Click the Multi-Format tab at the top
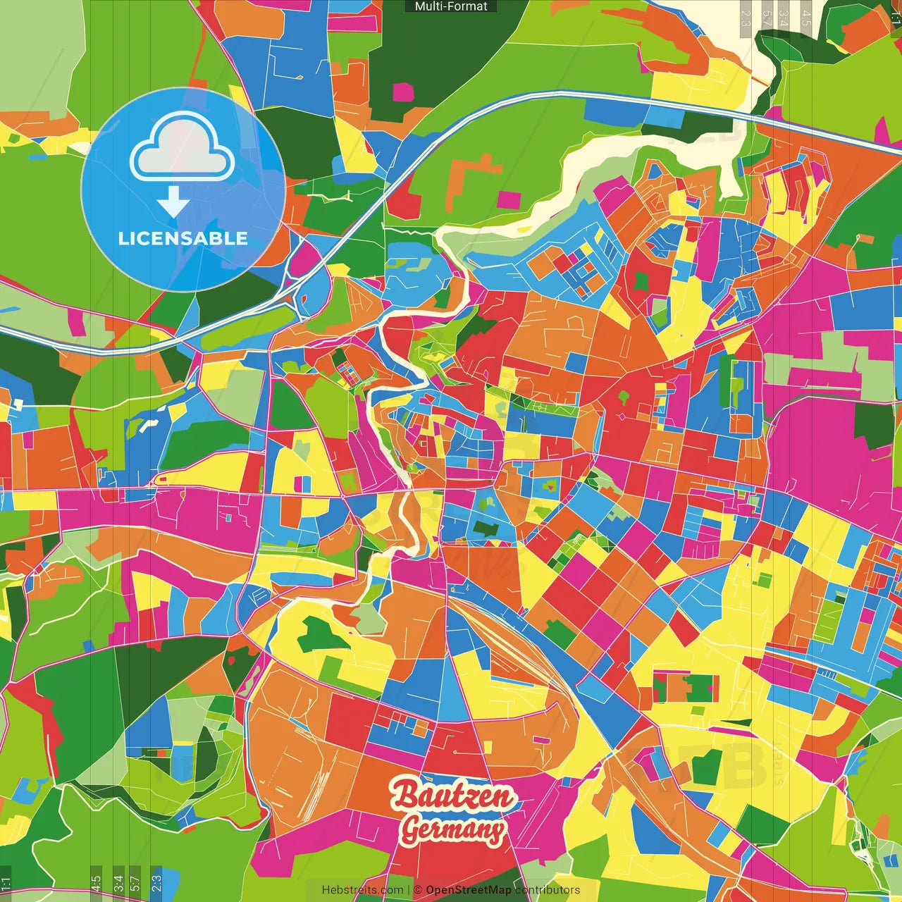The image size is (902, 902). click(x=451, y=6)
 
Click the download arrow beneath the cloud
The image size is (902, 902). click(x=173, y=202)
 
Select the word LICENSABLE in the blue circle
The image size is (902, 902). click(x=183, y=238)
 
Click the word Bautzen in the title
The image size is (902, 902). click(x=454, y=796)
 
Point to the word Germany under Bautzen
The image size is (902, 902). click(x=453, y=829)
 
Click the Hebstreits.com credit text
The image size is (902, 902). click(x=362, y=890)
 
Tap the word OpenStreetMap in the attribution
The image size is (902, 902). click(x=469, y=890)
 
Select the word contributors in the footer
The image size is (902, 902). click(x=548, y=890)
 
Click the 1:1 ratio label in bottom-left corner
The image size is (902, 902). click(x=6, y=884)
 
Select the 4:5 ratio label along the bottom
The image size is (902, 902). click(x=96, y=884)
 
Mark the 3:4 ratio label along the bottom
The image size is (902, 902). click(x=118, y=884)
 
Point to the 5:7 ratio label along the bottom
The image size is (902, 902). click(x=135, y=884)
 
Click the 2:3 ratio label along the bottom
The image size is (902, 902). click(x=156, y=884)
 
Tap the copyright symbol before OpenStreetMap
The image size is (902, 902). click(x=417, y=890)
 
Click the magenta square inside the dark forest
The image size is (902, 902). click(x=403, y=92)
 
